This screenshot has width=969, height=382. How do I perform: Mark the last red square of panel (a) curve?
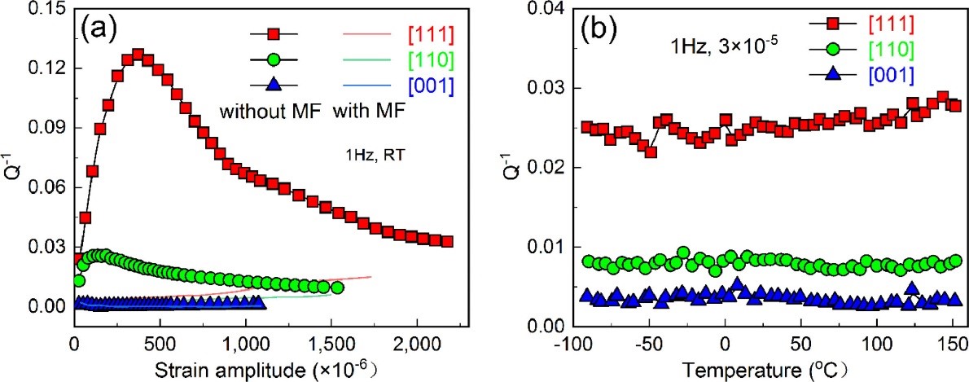446,242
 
